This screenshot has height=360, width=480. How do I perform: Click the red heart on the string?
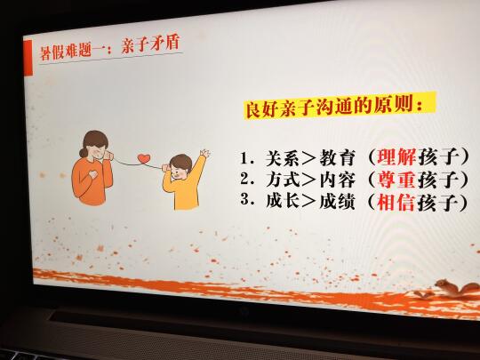tap(144, 158)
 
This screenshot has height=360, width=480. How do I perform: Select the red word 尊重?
tap(396, 180)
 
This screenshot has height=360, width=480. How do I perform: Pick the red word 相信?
tap(396, 203)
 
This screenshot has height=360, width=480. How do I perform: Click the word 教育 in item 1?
tap(338, 158)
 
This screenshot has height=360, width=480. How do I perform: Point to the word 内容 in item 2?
tap(338, 180)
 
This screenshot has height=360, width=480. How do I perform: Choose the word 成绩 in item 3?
tap(338, 202)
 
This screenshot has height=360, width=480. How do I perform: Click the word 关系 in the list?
tap(284, 158)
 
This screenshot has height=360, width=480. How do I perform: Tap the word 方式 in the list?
tap(284, 180)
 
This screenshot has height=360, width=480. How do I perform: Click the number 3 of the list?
tap(244, 200)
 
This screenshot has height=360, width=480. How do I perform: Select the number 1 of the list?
tap(244, 158)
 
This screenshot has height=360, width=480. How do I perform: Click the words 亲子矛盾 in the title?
tap(150, 44)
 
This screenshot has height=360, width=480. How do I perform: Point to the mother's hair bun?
tap(83, 152)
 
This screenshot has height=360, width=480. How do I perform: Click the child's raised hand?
tap(204, 153)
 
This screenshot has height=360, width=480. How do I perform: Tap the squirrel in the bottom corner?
tap(457, 288)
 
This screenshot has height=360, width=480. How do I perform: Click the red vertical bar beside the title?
tap(28, 58)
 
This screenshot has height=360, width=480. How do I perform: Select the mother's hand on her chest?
tap(92, 174)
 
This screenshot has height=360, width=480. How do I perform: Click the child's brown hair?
tap(180, 161)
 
